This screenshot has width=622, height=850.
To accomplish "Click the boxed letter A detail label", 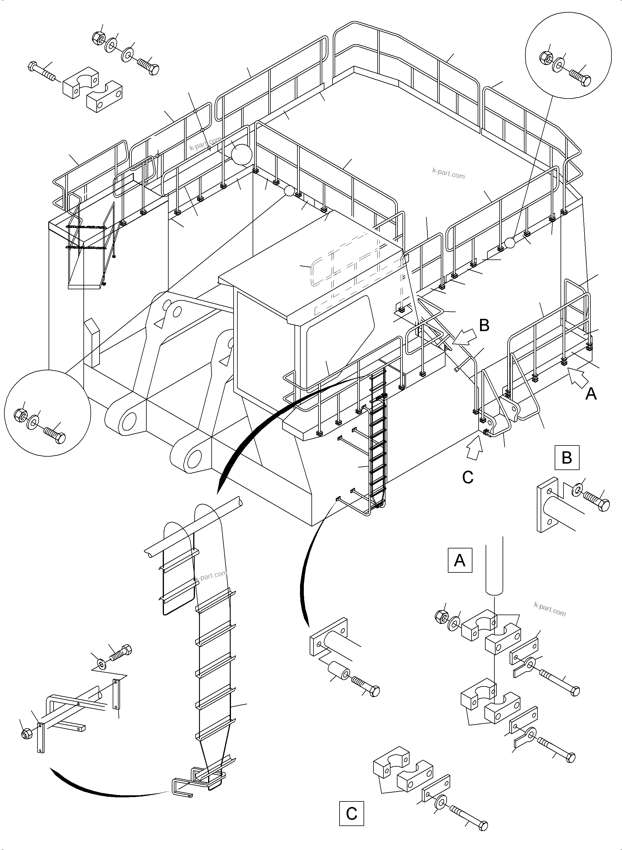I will coord(460,560).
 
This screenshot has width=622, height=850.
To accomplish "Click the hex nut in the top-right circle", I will coord(546,57).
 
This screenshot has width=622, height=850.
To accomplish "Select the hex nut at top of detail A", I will coord(441,616).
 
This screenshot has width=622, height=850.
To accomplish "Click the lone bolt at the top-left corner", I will coord(42,71).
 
